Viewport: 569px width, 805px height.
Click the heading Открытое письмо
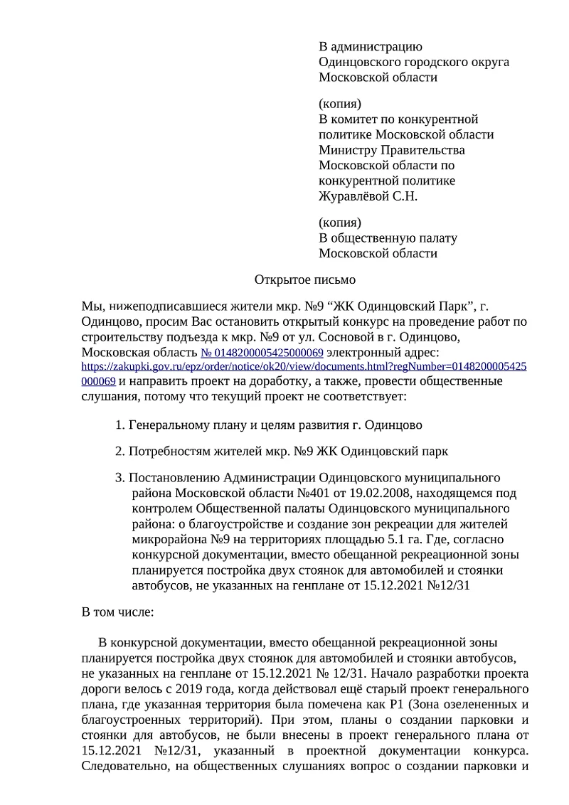click(x=304, y=280)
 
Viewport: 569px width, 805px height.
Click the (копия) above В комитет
click(x=340, y=104)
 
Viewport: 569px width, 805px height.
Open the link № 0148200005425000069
click(x=262, y=353)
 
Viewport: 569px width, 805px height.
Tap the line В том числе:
click(x=113, y=612)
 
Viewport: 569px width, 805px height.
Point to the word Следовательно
click(x=122, y=767)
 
